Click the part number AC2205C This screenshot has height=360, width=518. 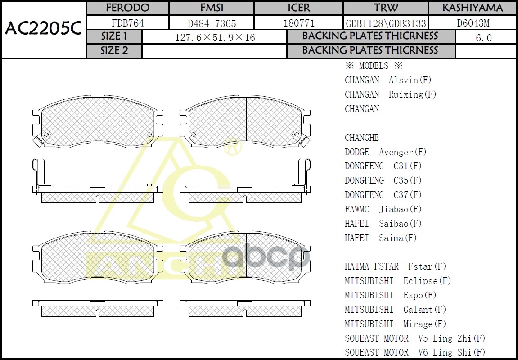pos(43,29)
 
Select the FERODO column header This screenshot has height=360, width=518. pos(127,8)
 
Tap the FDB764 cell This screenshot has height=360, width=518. pos(127,23)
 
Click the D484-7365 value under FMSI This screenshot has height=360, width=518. pos(212,23)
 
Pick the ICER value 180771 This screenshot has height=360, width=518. pos(299,23)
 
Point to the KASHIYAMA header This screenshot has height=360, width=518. pos(472,8)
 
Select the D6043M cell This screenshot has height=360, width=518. pos(473,23)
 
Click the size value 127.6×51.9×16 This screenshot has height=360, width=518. pos(215,37)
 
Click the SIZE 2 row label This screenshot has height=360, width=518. pos(114,51)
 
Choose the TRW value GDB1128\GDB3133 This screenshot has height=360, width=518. pos(386,23)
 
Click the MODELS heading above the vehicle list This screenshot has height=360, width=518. pos(374,66)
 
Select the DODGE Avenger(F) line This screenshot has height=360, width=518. pos(385,152)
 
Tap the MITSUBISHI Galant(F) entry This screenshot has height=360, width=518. pos(395,310)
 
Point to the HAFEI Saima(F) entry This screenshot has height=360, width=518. pos(381,238)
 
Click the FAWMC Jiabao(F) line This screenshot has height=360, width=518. pos(383,209)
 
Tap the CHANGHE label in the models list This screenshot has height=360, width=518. pos(362,138)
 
